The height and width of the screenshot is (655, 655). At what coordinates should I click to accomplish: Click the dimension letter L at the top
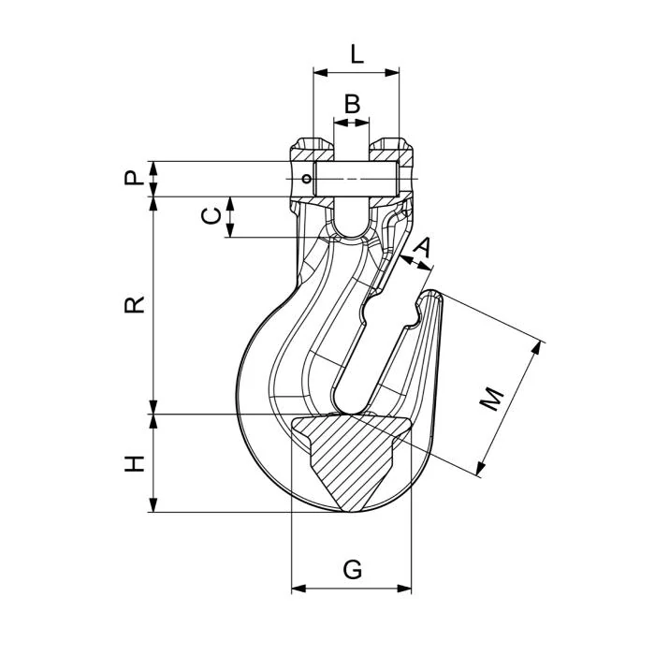[x=357, y=53]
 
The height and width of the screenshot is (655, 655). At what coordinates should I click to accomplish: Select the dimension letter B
[x=352, y=104]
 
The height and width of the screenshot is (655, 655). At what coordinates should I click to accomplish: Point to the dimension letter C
[x=212, y=216]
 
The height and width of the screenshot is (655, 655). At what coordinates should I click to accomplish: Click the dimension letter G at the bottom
[x=352, y=569]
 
